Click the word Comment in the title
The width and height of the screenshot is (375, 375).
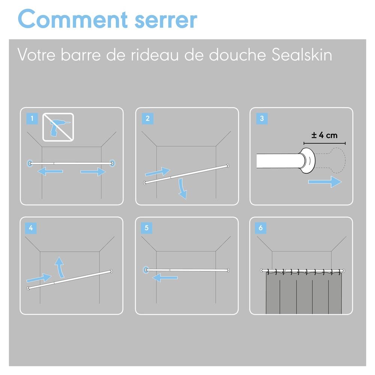73,19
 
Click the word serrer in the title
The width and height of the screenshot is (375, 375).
166,21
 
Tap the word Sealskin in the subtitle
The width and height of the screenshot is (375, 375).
302,55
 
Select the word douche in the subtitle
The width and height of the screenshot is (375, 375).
237,55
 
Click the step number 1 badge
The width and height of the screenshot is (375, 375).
32,118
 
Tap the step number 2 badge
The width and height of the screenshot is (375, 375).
147,118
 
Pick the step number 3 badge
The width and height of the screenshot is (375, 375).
262,118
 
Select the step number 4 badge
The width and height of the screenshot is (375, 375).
31,228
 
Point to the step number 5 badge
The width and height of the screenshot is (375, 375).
147,228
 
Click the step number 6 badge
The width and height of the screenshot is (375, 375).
261,228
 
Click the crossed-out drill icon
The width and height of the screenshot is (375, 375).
58,127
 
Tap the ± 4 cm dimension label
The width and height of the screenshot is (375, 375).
324,135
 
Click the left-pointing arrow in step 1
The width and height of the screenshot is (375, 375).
50,171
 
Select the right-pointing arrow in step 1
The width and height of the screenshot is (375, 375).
93,171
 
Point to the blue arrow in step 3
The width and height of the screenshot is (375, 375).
325,182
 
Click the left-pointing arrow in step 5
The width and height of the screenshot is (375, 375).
165,277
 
